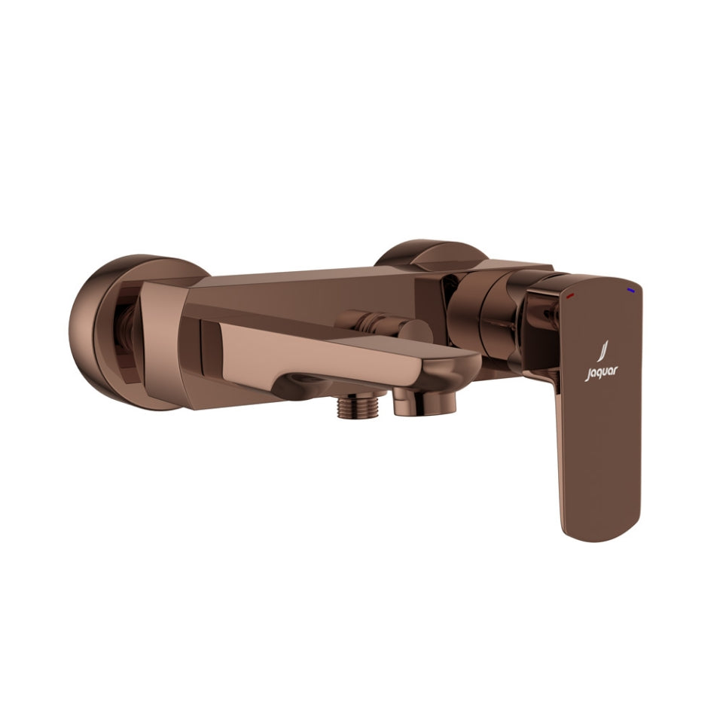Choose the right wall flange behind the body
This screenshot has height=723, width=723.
tap(433, 255)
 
